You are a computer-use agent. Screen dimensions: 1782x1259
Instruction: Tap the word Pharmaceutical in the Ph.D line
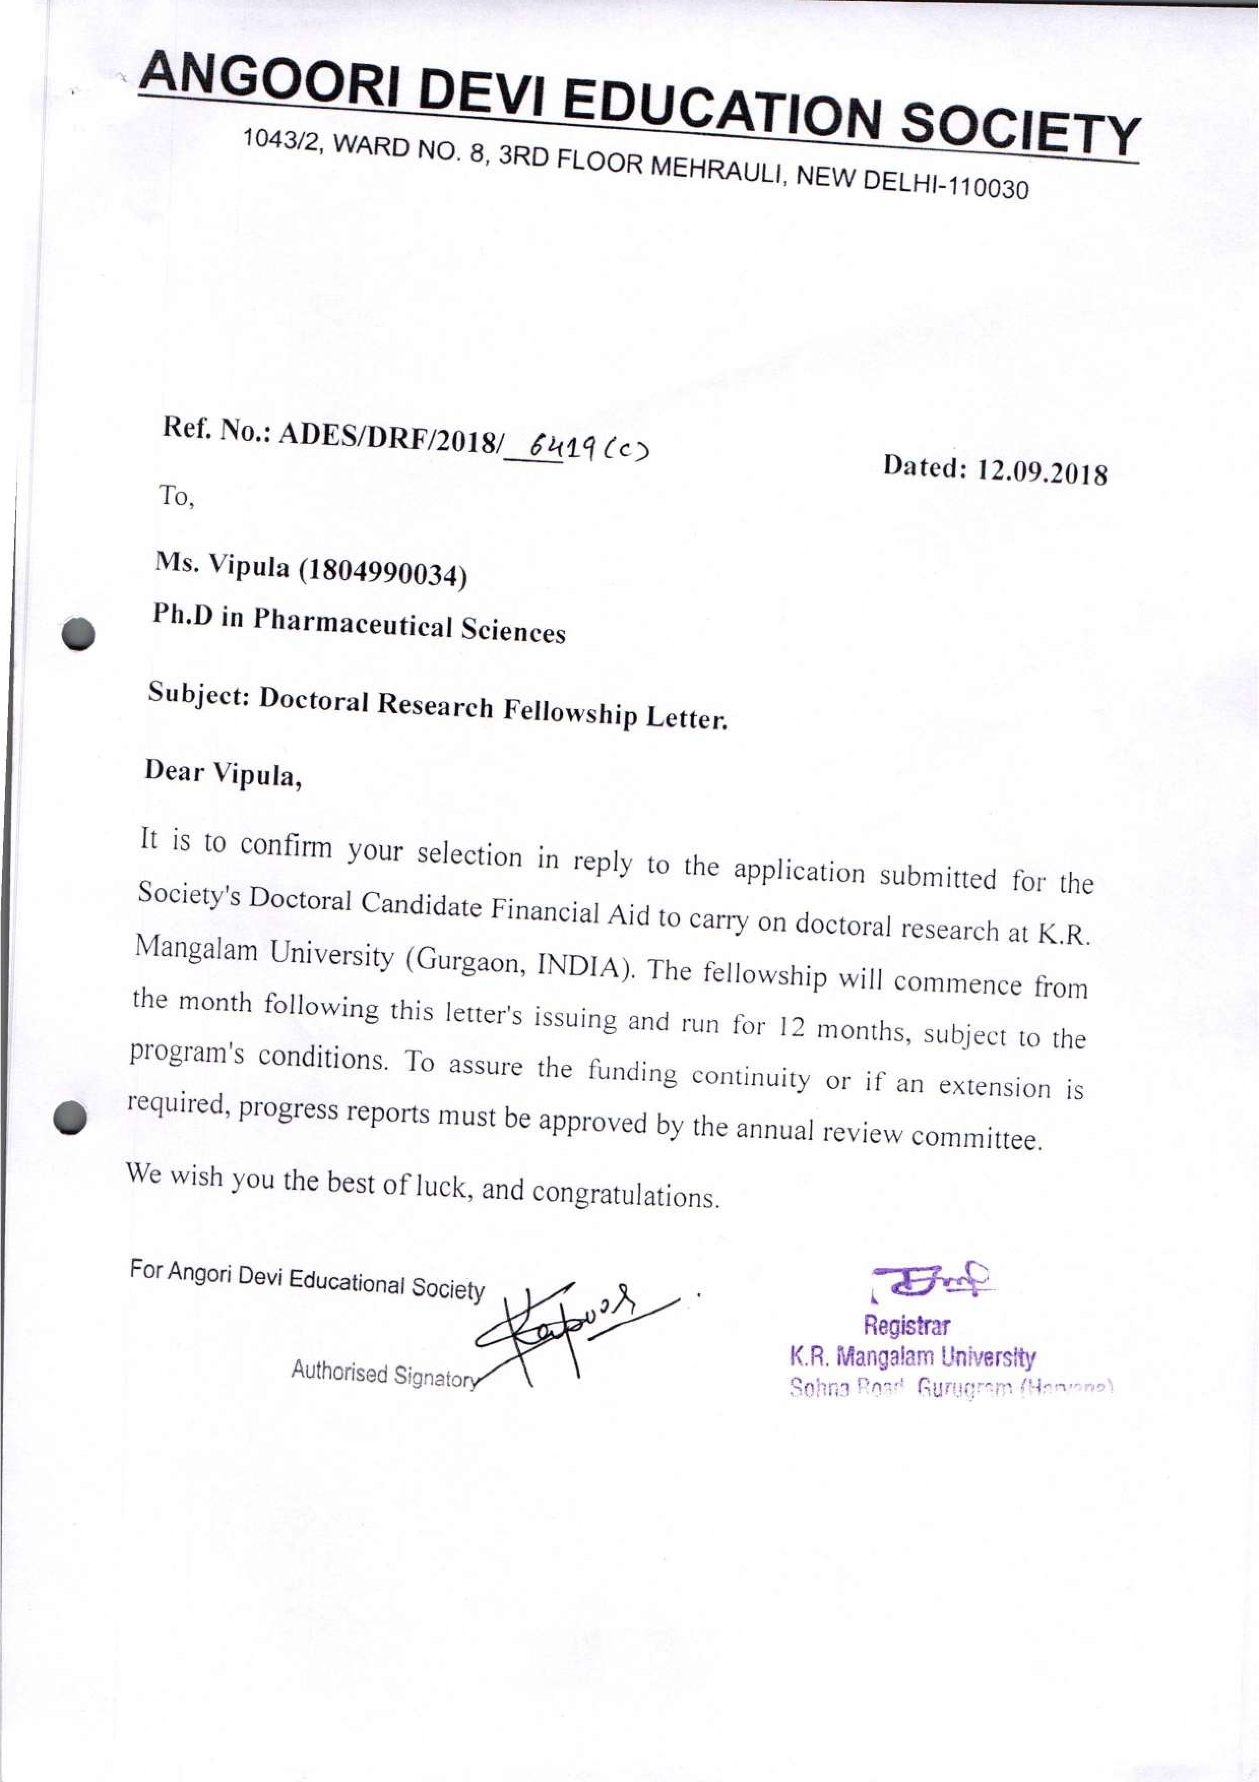353,621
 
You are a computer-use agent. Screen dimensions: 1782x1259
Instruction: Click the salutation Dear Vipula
223,773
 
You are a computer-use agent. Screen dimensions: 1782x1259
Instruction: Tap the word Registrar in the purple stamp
906,1324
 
